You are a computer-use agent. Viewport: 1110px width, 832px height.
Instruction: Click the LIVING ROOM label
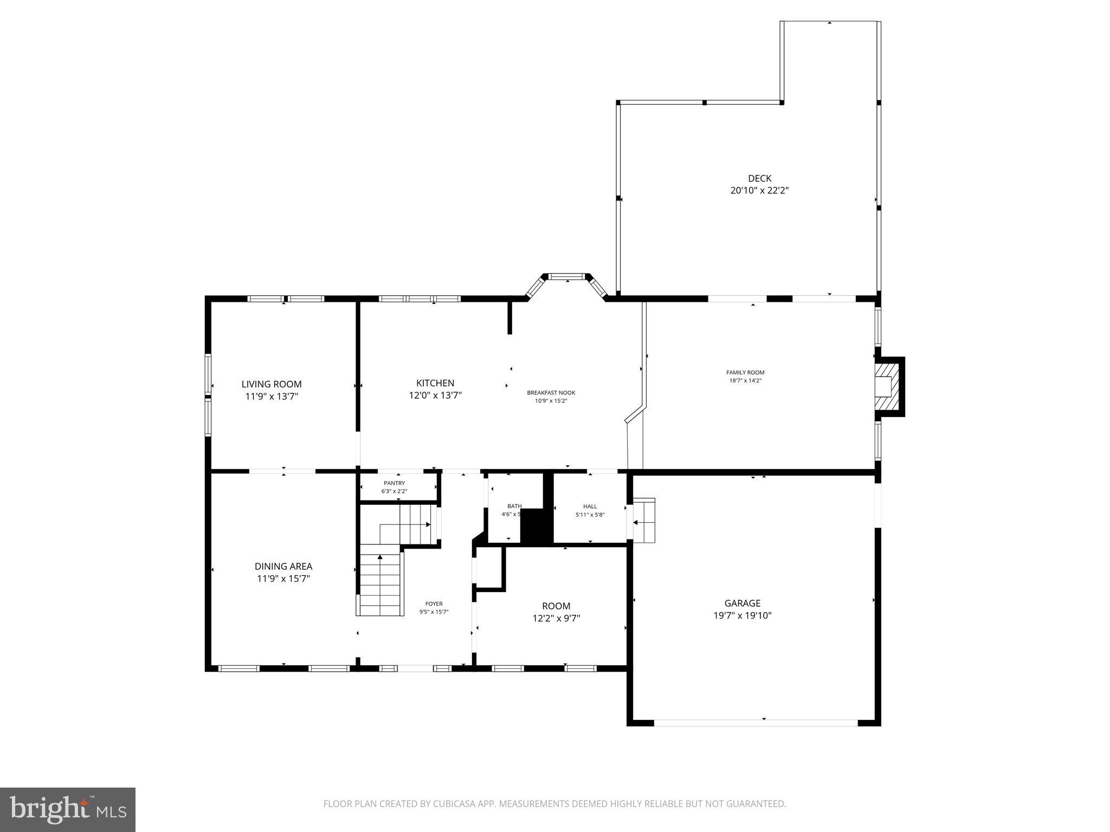pos(272,384)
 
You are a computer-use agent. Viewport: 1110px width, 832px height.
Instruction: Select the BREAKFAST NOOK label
pos(551,393)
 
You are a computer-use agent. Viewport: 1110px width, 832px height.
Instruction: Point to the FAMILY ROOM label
pos(745,372)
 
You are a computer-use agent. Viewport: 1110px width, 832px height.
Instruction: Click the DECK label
pos(759,178)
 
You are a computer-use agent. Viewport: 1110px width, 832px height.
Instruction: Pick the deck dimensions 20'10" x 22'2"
pos(759,191)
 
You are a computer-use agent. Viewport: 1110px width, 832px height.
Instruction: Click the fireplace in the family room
pos(887,387)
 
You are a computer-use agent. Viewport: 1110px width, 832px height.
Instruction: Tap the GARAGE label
pos(742,603)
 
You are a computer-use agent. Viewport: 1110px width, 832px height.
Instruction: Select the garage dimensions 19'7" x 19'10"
pos(742,615)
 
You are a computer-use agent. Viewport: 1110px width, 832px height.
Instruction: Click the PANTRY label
pos(394,483)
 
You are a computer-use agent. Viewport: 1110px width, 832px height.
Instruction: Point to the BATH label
pos(514,506)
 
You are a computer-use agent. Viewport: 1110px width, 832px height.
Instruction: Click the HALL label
pos(590,506)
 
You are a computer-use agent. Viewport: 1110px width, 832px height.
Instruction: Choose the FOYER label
pos(434,603)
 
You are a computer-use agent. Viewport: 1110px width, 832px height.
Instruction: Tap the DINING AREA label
pos(283,567)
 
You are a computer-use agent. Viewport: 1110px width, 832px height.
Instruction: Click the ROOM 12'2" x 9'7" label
pos(556,606)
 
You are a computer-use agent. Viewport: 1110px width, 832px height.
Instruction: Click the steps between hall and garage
pos(644,520)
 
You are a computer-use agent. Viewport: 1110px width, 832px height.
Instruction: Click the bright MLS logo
pos(68,809)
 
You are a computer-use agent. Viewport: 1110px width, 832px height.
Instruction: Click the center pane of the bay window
pos(567,276)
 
